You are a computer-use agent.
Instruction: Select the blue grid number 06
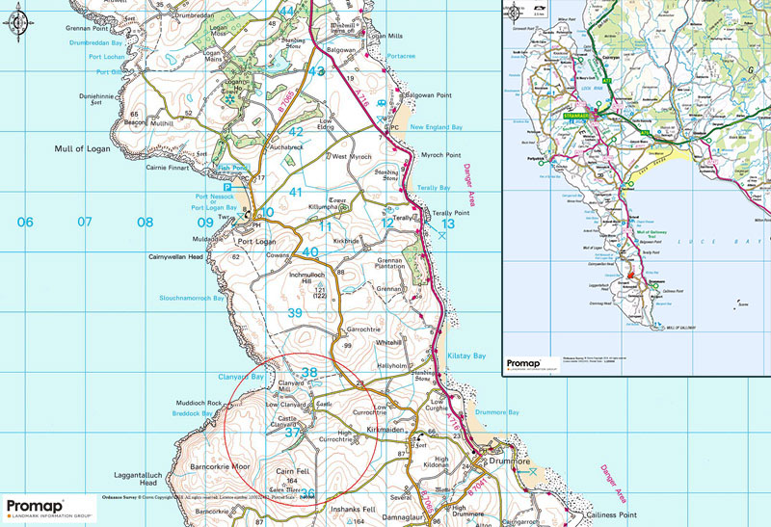coord(26,223)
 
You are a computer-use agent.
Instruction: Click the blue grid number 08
coord(145,223)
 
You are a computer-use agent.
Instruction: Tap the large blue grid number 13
coord(446,223)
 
